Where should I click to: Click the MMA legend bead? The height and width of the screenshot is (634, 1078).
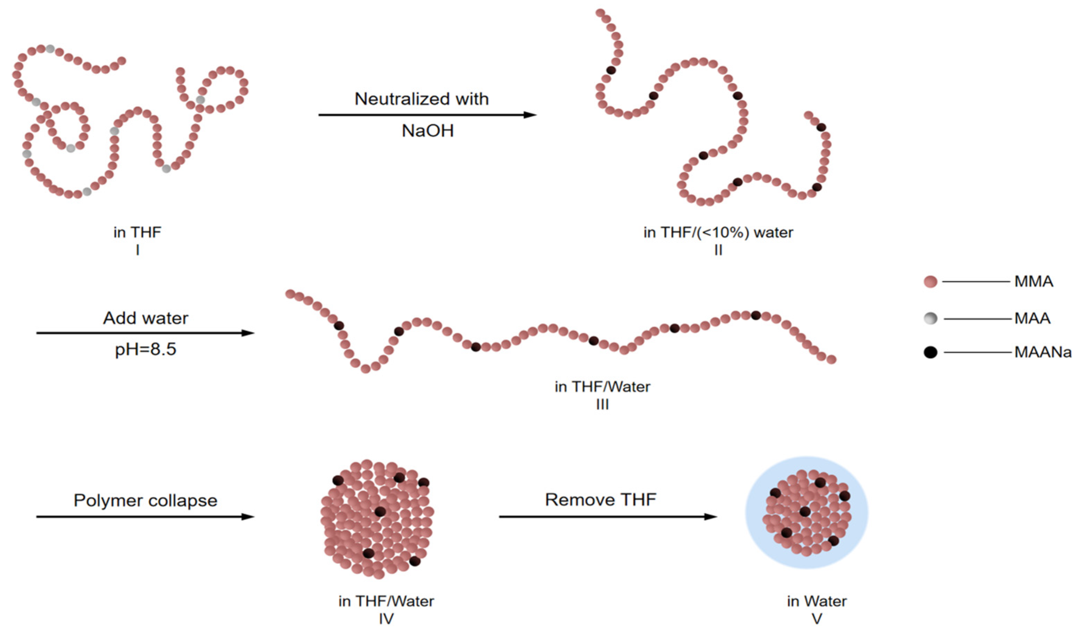930,282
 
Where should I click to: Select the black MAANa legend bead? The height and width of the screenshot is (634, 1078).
930,352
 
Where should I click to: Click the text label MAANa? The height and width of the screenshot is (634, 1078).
1043,352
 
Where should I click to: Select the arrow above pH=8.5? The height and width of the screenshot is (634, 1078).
145,333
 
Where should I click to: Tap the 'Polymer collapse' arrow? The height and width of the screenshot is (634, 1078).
145,517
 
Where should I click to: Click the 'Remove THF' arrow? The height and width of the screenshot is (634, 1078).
608,517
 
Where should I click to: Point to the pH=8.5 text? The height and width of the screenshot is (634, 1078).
145,350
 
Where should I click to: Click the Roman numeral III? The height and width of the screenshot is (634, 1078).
602,404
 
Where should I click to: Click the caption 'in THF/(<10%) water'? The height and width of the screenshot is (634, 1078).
718,232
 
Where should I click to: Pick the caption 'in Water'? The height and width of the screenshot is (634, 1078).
817,601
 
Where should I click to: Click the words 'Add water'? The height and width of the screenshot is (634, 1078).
145,318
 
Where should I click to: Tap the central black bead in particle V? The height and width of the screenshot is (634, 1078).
805,511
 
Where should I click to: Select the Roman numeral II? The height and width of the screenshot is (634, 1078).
718,250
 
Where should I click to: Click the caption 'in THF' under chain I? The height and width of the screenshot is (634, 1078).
137,232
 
